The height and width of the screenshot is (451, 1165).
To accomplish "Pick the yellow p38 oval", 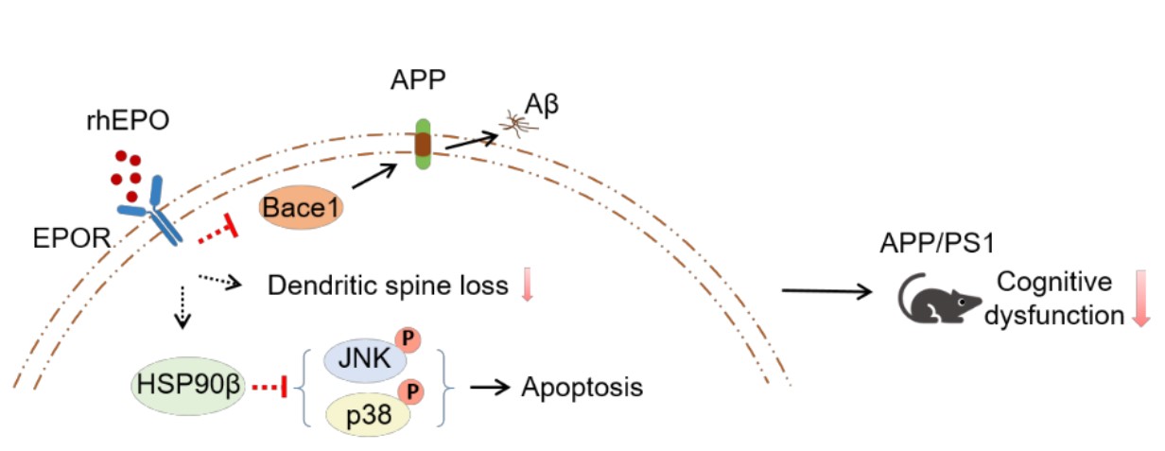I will point(361,412).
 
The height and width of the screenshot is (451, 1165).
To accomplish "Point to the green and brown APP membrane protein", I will point(421,143).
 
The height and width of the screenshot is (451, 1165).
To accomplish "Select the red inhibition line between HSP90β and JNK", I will point(270,388).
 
